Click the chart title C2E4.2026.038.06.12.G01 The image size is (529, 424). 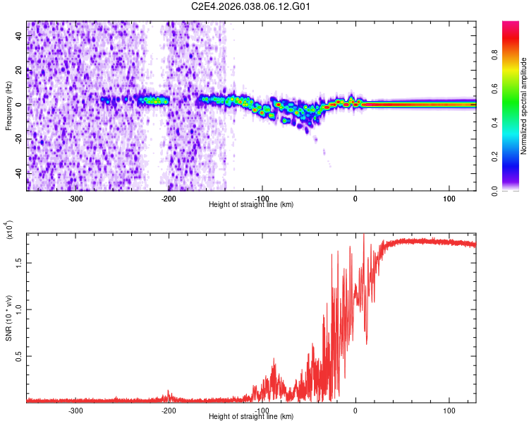(x=251, y=6)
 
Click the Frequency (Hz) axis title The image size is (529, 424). (x=8, y=106)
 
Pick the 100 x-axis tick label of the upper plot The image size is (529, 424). (x=449, y=199)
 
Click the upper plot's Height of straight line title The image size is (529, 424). (x=251, y=204)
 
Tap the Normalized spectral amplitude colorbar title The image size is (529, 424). (x=524, y=107)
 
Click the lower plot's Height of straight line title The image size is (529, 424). (x=251, y=416)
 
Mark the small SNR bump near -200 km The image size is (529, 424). (x=169, y=394)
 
